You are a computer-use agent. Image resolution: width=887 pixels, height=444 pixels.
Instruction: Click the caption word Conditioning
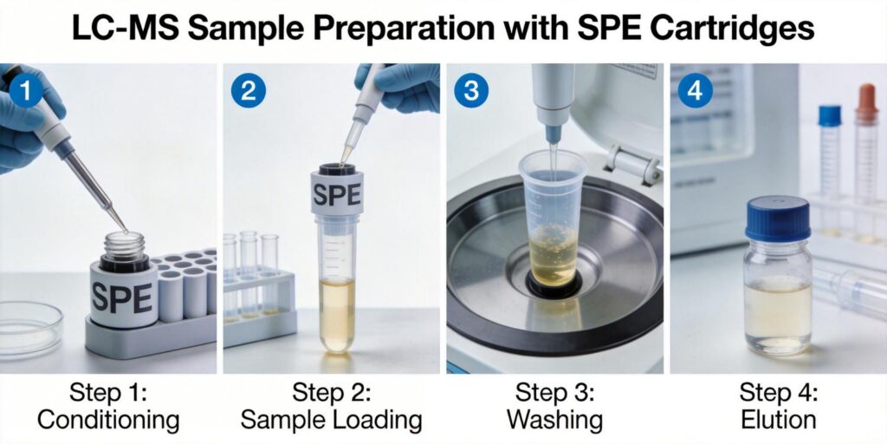[x=108, y=421]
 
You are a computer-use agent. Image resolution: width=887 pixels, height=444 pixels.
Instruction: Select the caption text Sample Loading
[x=331, y=421]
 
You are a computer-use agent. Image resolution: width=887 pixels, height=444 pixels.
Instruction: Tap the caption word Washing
[x=554, y=421]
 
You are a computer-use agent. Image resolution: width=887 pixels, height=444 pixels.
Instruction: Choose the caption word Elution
[x=778, y=421]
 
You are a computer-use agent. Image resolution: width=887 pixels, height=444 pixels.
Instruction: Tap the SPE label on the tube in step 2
[x=337, y=194]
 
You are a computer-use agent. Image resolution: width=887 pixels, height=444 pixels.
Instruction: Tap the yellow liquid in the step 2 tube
[x=337, y=312]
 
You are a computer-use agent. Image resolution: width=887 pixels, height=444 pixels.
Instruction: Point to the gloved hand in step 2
[x=403, y=82]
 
